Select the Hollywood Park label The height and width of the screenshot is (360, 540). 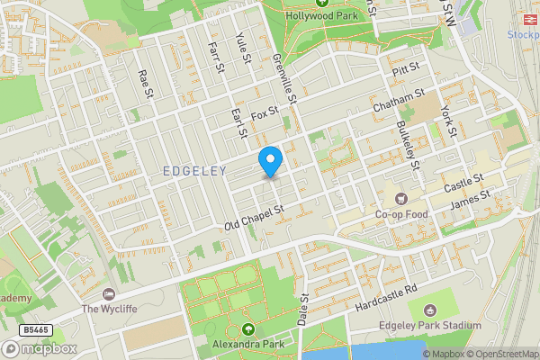pos(321,16)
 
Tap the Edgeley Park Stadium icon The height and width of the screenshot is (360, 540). pos(427,308)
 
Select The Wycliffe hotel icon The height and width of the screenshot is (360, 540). pos(110,293)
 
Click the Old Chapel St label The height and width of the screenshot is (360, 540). pos(254,216)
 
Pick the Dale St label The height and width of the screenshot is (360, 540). pos(303,309)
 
